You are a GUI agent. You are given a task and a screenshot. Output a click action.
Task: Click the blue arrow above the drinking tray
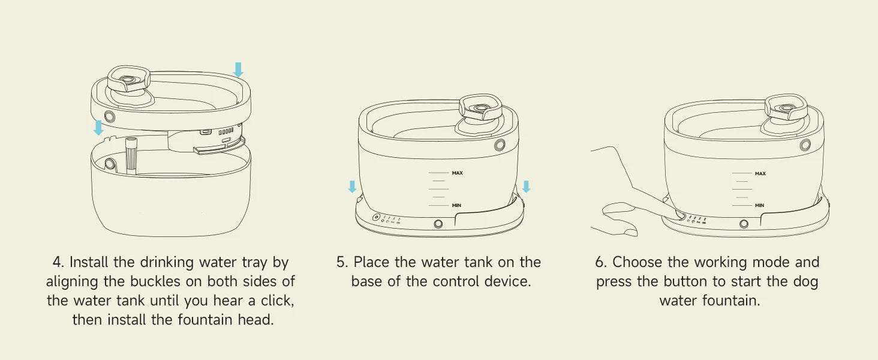[x=238, y=70]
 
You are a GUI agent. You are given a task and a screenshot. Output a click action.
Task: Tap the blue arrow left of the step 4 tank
[x=98, y=127]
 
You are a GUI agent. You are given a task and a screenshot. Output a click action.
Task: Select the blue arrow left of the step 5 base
[x=353, y=187]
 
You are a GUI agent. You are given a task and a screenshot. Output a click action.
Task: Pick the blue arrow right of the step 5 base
[x=527, y=187]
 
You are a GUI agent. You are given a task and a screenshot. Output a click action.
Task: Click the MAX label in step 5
[x=457, y=173]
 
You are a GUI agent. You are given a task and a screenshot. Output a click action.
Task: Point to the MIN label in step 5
[x=456, y=205]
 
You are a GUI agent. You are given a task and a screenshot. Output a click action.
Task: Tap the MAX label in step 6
[x=760, y=173]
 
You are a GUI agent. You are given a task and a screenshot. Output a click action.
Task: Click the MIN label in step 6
[x=759, y=205]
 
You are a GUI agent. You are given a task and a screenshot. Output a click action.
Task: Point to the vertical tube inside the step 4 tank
[x=131, y=155]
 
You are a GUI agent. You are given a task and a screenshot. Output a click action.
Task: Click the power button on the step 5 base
[x=376, y=217]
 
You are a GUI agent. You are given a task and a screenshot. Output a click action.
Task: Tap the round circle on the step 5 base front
[x=438, y=224]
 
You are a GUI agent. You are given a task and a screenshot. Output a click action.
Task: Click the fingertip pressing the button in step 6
[x=679, y=215]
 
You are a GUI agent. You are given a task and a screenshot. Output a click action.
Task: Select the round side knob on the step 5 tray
[x=500, y=145]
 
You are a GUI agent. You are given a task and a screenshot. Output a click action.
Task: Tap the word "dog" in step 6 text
[x=807, y=281]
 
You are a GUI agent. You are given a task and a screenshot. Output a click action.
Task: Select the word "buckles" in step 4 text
[x=155, y=281]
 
